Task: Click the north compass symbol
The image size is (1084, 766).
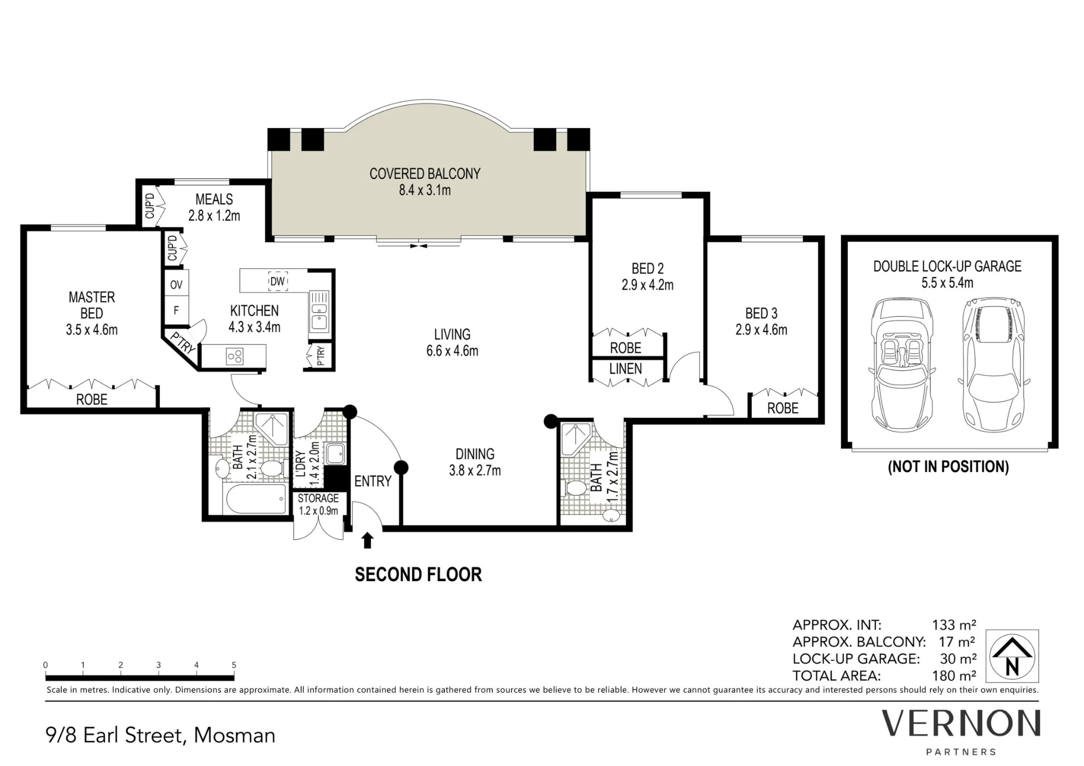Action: (x=1011, y=655)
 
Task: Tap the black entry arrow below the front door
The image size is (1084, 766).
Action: (x=367, y=540)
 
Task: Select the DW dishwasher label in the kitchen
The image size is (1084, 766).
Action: (x=277, y=281)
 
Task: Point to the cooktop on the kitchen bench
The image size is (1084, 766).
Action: (x=235, y=356)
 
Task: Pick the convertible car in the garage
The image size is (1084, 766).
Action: (x=902, y=364)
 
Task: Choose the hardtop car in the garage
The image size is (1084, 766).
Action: (x=994, y=364)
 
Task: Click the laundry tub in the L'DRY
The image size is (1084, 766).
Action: (x=334, y=453)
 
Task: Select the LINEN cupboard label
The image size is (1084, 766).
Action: (x=625, y=369)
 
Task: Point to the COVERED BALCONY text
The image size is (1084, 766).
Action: (x=425, y=173)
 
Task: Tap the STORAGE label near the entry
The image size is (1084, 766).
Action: (x=318, y=498)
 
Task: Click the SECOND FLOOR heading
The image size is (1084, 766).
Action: (x=418, y=575)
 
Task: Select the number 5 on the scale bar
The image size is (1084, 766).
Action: (x=234, y=665)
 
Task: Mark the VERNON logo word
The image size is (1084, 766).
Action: (x=961, y=723)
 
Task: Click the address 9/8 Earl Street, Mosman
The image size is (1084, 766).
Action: (x=161, y=736)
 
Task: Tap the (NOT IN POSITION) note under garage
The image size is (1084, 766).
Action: (x=948, y=467)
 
